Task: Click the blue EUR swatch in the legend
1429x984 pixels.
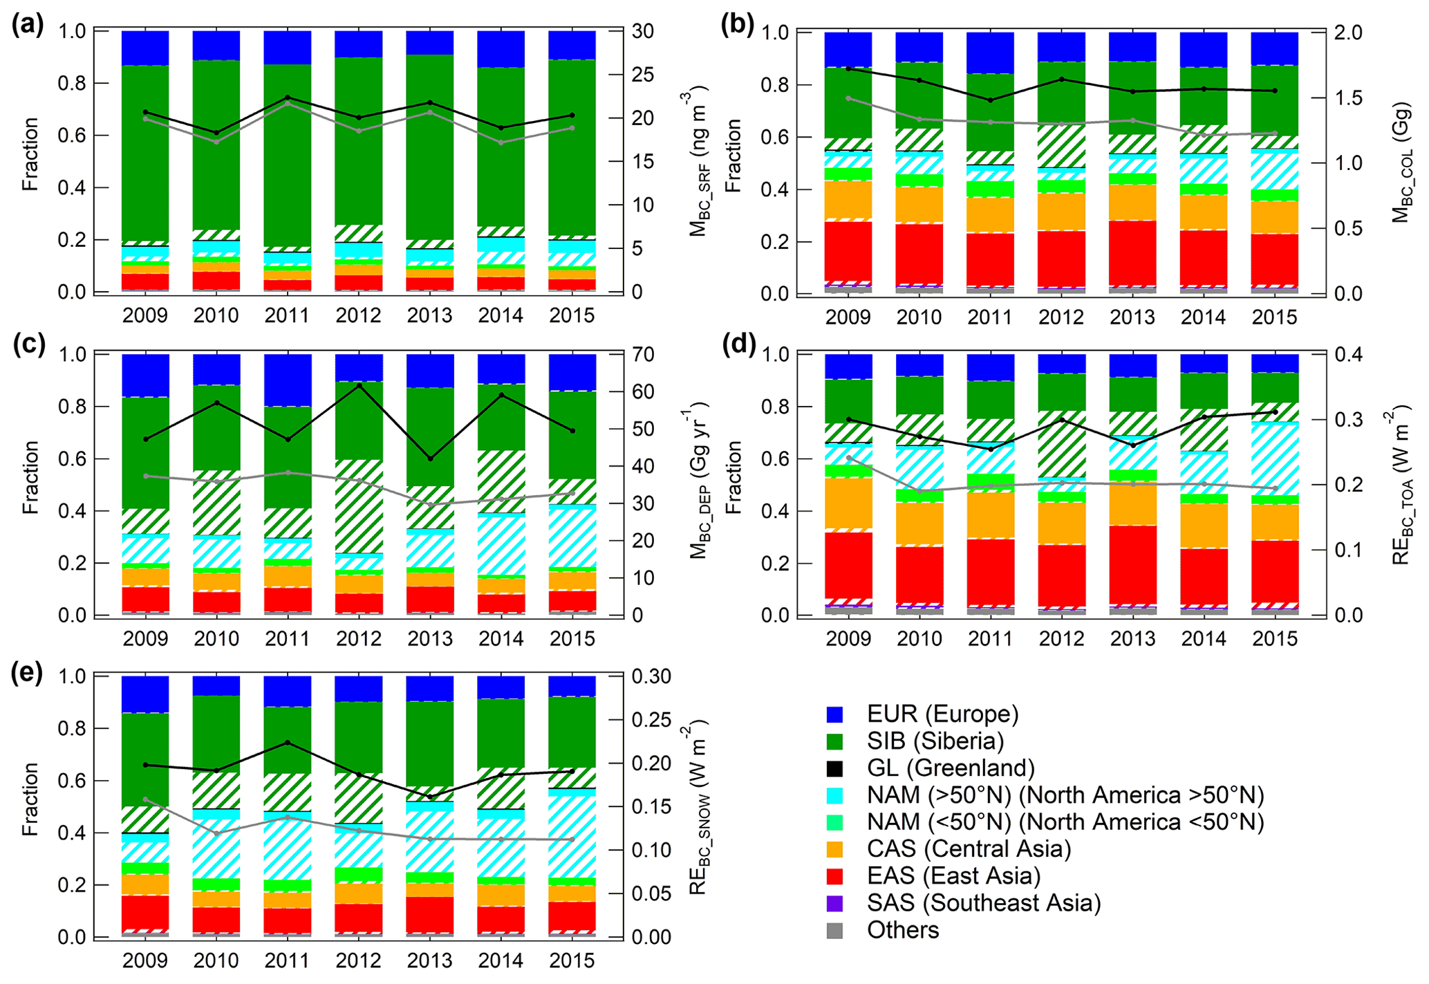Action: (x=834, y=714)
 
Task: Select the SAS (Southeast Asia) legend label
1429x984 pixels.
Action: (x=984, y=903)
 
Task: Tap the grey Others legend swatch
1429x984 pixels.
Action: (x=834, y=931)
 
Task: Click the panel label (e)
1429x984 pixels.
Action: (x=28, y=672)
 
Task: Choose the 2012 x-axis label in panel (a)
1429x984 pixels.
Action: (x=358, y=315)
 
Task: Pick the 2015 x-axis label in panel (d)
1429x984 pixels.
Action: (x=1275, y=638)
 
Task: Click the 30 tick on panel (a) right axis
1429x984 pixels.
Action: (x=642, y=32)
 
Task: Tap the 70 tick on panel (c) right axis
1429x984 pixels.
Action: (x=642, y=355)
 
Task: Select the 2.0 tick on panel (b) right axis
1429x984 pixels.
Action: (x=1348, y=33)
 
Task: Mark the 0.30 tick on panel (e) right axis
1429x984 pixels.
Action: (x=652, y=676)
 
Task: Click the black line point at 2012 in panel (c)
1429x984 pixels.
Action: (x=359, y=385)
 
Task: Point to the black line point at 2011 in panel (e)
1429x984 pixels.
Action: (x=288, y=743)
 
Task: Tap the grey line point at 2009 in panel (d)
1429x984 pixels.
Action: (x=848, y=458)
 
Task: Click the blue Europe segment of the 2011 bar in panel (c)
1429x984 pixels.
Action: (x=288, y=380)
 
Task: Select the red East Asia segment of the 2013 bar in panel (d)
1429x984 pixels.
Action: (x=1132, y=565)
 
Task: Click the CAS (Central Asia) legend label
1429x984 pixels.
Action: (x=969, y=849)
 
